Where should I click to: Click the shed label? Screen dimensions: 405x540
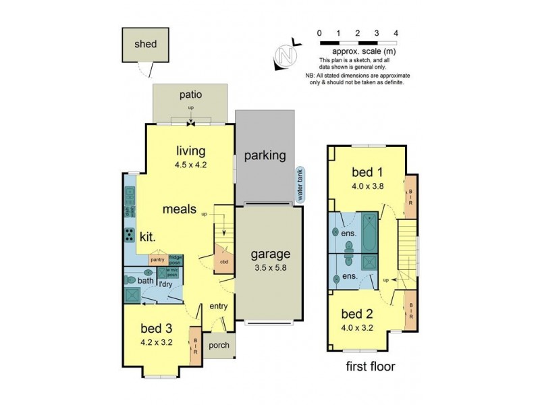coord(145,45)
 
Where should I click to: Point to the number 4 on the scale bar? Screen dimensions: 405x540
coord(396,32)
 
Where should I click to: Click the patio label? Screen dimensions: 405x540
coord(190,95)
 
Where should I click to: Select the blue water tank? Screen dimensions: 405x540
coord(299,185)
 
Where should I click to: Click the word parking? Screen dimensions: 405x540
coord(265,155)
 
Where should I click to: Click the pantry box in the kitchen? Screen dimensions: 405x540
coord(158,259)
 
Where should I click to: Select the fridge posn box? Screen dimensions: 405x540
coord(175,259)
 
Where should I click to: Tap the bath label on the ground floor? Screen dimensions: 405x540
coord(146,280)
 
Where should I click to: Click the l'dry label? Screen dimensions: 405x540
coord(166,284)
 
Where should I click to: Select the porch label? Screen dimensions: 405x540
coord(219,346)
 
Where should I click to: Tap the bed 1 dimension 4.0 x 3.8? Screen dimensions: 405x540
coord(368,187)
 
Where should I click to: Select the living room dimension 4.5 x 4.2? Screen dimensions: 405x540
coord(191,163)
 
